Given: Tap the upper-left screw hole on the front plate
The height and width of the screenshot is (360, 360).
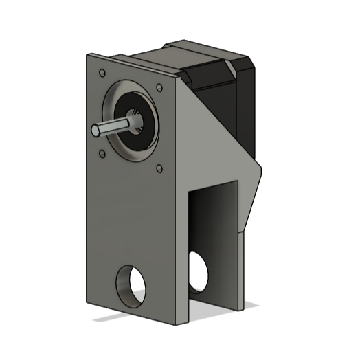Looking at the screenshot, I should coord(102,72).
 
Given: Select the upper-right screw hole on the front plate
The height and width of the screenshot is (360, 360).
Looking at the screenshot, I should coord(159,88).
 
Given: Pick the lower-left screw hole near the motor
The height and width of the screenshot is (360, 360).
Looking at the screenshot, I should coord(102,153).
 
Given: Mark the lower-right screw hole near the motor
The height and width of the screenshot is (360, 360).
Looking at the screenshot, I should coord(159,167).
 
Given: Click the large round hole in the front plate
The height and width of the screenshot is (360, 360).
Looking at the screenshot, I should coord(130,284).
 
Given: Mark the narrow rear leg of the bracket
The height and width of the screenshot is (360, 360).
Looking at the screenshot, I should coord(242,268).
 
